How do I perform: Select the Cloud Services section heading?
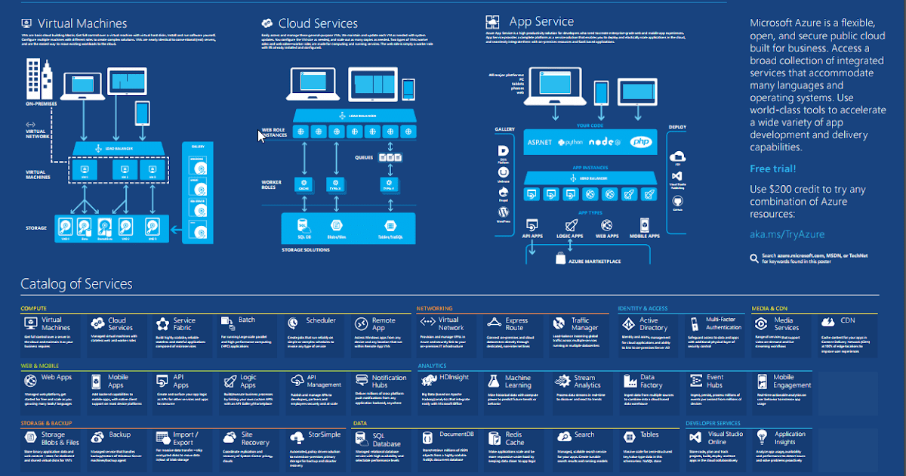tap(318, 24)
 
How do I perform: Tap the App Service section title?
tap(541, 22)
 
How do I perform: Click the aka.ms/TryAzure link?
tap(787, 234)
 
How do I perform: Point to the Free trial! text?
tap(772, 168)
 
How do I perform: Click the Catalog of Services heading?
tap(76, 284)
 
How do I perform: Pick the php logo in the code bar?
tap(640, 142)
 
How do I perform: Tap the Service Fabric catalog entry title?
tap(184, 324)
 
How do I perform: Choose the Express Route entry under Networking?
tap(516, 324)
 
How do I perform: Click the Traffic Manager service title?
tap(584, 324)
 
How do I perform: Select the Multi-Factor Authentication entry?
tap(723, 324)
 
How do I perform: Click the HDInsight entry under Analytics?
tap(455, 376)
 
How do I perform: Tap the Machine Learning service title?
tap(518, 382)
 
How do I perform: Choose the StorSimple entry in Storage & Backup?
tap(325, 434)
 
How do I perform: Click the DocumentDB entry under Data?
tap(457, 434)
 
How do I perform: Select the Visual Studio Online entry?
tap(726, 438)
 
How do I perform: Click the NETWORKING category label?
tap(435, 308)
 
